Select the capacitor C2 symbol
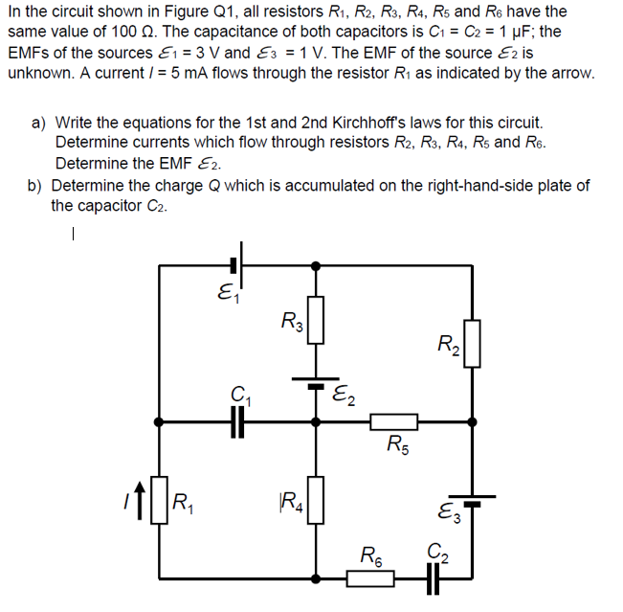coord(435,579)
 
